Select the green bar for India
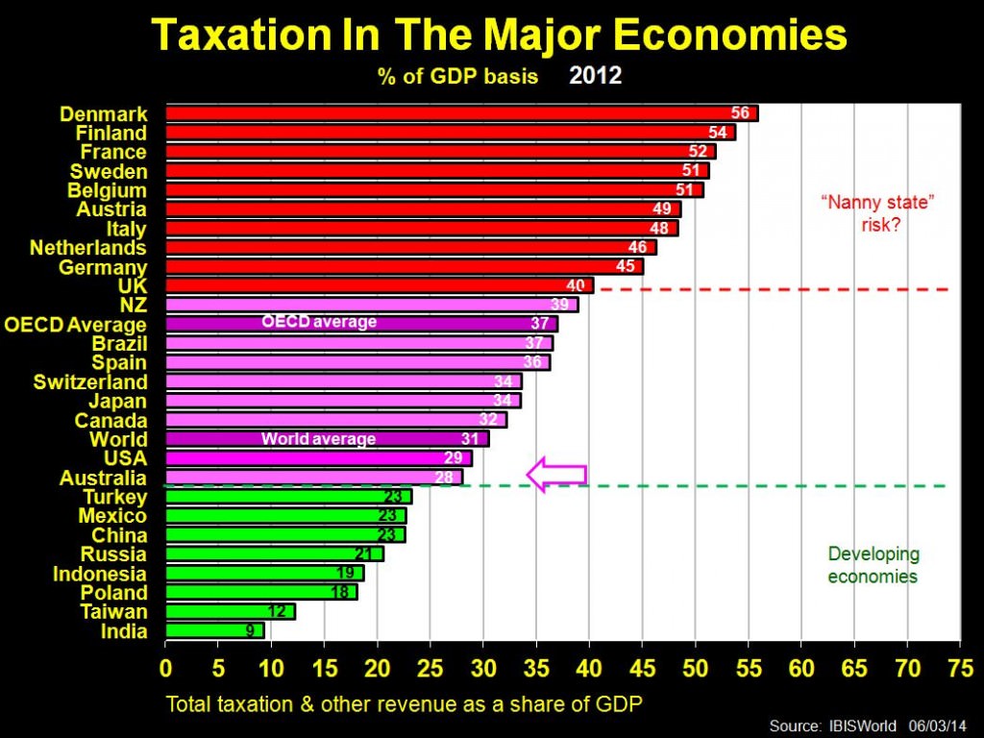[x=214, y=630]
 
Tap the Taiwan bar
[x=230, y=611]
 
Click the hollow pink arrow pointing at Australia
[x=555, y=474]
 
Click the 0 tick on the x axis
[x=166, y=666]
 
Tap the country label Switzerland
[x=90, y=381]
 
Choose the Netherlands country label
[x=88, y=248]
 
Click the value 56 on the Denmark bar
[x=740, y=113]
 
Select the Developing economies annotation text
[x=873, y=565]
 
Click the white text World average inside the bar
[x=318, y=439]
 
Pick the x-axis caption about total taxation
[x=404, y=702]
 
